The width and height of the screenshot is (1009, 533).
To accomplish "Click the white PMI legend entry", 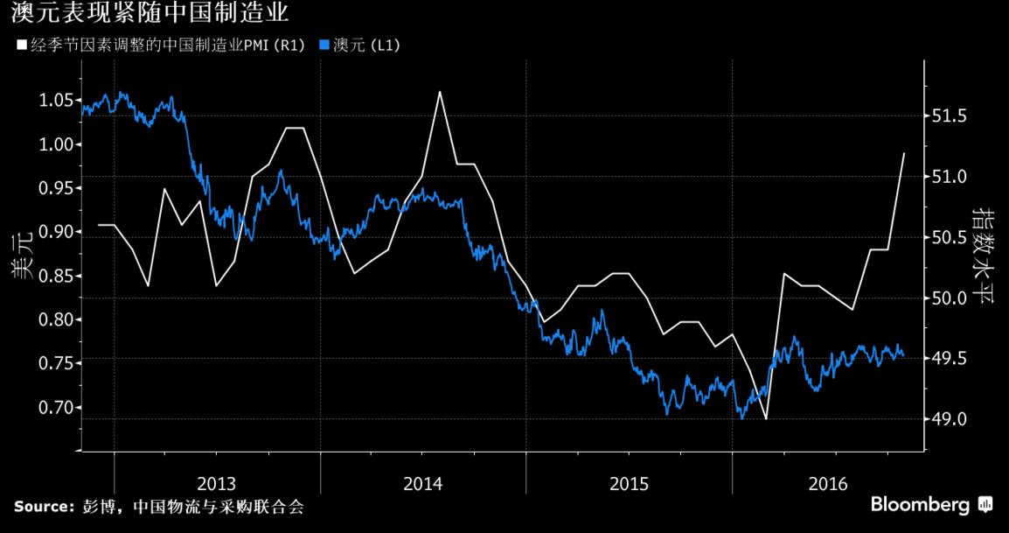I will point(161,46).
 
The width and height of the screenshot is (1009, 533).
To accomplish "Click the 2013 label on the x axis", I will point(217,483).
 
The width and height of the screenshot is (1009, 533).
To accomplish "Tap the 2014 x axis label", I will point(422,483).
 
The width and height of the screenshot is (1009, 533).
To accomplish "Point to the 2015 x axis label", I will point(629,483).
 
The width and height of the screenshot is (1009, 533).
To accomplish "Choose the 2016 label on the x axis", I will point(828,483).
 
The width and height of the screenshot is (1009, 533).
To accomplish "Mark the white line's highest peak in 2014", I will point(439,92).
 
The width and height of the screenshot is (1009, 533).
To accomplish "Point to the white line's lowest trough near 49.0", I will point(765,419).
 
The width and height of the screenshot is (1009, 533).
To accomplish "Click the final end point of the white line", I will point(904,153).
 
